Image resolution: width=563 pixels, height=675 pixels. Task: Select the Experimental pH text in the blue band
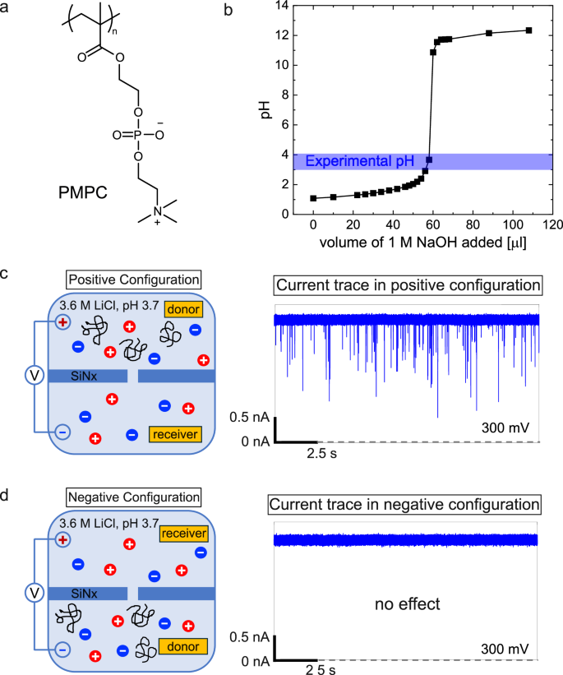[x=358, y=161]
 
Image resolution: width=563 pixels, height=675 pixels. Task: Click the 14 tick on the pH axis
[x=288, y=5]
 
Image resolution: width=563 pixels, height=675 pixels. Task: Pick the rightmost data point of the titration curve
[x=528, y=30]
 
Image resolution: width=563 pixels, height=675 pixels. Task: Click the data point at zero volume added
[x=313, y=198]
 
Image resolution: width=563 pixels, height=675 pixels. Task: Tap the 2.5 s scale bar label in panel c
[x=324, y=453]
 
